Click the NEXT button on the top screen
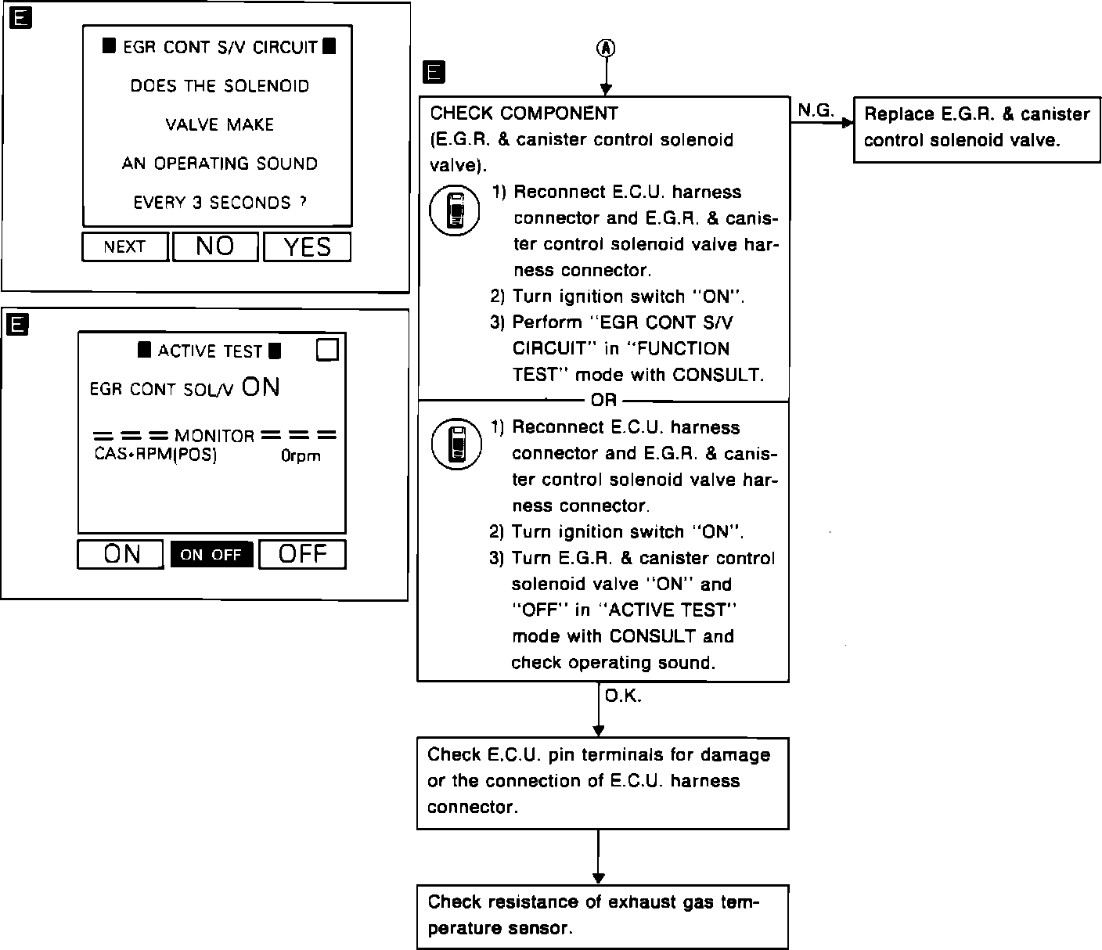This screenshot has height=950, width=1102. click(124, 247)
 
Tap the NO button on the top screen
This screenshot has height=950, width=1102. click(215, 247)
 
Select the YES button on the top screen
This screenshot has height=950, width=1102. click(307, 247)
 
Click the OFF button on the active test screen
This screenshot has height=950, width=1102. click(302, 554)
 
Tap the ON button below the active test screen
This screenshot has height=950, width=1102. click(121, 554)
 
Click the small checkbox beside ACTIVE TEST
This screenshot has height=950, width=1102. click(327, 350)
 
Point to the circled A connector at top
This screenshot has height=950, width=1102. click(607, 49)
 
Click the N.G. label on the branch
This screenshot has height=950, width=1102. click(815, 111)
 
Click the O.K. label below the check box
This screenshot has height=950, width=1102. click(623, 696)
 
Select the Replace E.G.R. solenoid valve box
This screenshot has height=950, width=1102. click(976, 128)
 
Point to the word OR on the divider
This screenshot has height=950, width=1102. click(603, 401)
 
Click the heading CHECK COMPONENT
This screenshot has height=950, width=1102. click(524, 113)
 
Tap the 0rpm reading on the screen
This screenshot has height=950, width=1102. click(301, 455)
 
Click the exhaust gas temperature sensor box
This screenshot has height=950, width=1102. click(602, 916)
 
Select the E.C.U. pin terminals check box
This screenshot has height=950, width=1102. click(602, 781)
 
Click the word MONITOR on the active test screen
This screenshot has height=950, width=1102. click(214, 436)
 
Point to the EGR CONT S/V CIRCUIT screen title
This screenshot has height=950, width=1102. click(219, 47)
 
